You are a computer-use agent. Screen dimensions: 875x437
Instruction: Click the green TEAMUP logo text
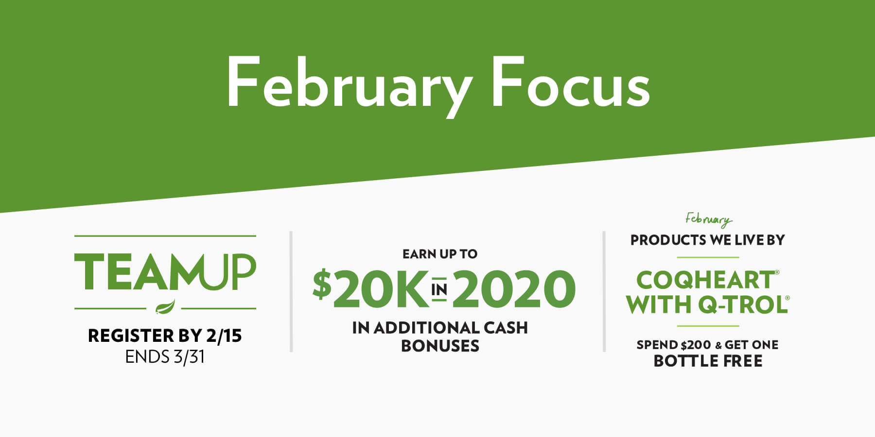[165, 272]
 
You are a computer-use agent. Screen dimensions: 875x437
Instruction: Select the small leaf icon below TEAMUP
[165, 307]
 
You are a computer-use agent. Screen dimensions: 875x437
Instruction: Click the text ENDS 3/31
[165, 357]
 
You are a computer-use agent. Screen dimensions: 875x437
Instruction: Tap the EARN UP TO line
[440, 254]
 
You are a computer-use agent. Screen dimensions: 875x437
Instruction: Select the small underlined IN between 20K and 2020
[439, 290]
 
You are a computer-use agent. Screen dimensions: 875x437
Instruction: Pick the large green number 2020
[514, 289]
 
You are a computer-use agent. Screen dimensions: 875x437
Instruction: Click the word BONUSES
[440, 346]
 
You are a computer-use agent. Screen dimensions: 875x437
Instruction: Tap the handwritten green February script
[708, 220]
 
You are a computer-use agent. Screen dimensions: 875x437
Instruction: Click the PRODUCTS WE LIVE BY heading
[708, 240]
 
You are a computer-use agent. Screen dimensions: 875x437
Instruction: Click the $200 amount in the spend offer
[696, 345]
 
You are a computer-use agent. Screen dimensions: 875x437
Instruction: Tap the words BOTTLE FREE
[708, 361]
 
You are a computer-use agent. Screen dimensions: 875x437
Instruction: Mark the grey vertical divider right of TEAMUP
[291, 291]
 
